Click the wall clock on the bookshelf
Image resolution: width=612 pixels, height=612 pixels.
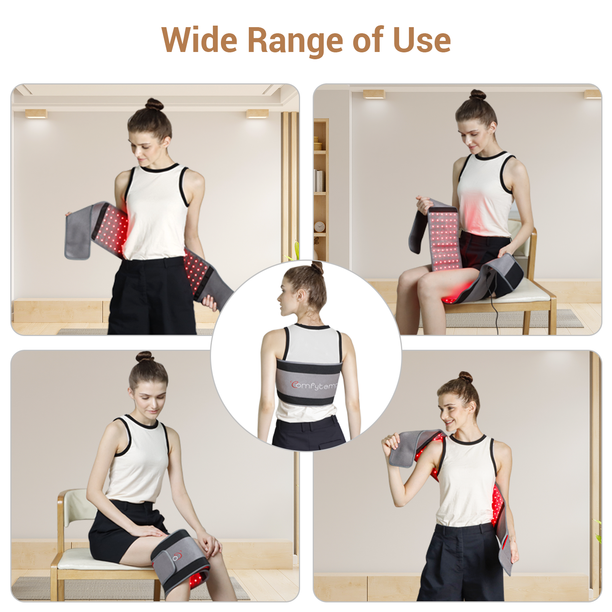point(320,227)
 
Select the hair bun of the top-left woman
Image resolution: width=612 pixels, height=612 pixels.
point(154,104)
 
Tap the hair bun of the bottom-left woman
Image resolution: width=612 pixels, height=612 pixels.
point(145,357)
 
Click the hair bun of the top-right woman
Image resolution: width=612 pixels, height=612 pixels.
point(477,95)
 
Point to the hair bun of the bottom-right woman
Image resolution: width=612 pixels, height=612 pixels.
point(465,377)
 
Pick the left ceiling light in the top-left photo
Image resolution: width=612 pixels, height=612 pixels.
point(36,114)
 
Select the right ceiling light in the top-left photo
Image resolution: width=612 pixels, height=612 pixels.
point(257,114)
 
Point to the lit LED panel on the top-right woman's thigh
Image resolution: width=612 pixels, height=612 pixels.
point(444,241)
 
